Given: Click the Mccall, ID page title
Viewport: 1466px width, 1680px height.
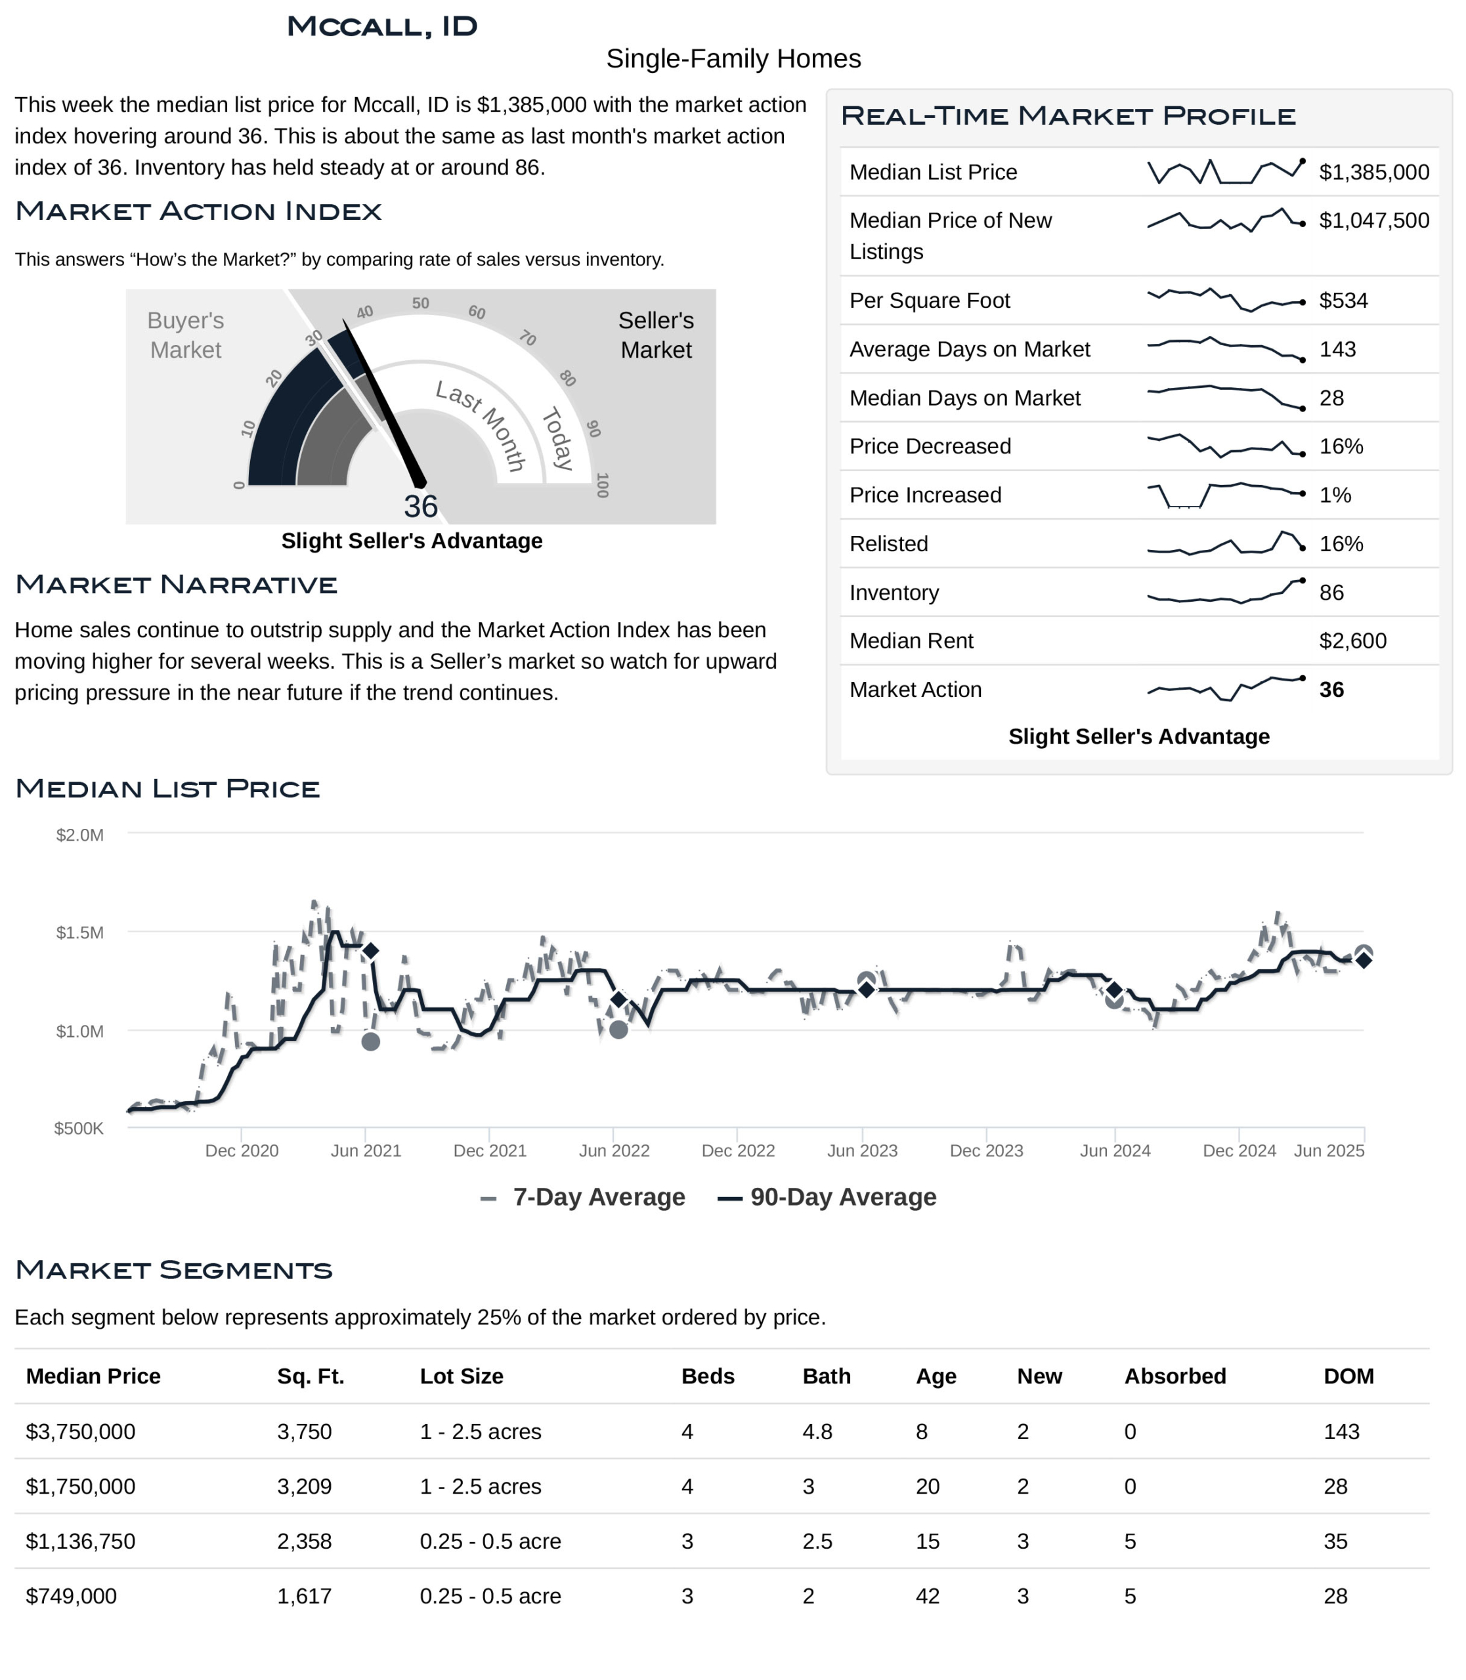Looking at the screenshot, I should point(382,26).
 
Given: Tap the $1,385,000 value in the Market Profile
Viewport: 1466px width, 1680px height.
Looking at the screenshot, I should point(1373,172).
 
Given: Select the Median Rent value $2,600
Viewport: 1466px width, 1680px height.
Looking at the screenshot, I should point(1352,640).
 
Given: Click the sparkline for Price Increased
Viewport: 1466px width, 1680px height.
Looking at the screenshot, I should point(1224,495).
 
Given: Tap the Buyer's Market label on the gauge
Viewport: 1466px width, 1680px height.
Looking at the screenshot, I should point(186,335).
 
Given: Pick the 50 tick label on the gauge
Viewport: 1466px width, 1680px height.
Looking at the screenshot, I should point(420,303).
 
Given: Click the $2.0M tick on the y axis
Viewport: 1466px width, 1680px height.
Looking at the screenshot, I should point(79,835).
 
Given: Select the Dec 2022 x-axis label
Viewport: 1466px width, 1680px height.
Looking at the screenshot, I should point(738,1151).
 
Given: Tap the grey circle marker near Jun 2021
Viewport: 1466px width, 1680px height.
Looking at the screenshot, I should point(370,1041).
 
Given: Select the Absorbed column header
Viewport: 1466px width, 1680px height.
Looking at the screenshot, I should point(1175,1377).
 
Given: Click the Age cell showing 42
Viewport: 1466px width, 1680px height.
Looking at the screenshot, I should point(928,1597).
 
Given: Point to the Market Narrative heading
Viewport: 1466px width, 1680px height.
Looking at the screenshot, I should point(176,585).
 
